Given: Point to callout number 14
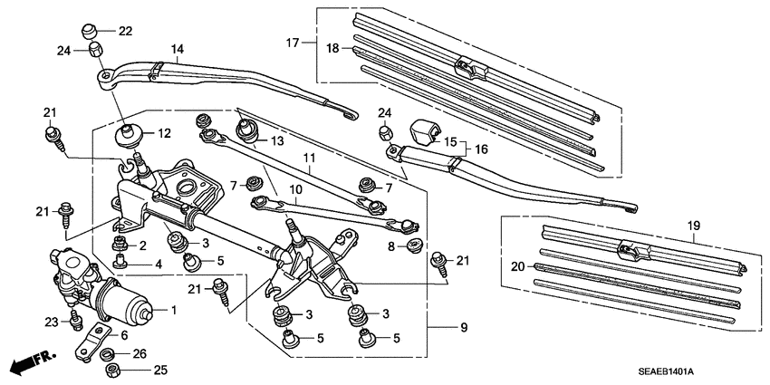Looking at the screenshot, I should click(177, 48).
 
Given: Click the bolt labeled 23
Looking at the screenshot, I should click(75, 321).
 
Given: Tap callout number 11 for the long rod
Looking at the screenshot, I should click(309, 158).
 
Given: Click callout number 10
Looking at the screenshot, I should click(295, 190).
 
